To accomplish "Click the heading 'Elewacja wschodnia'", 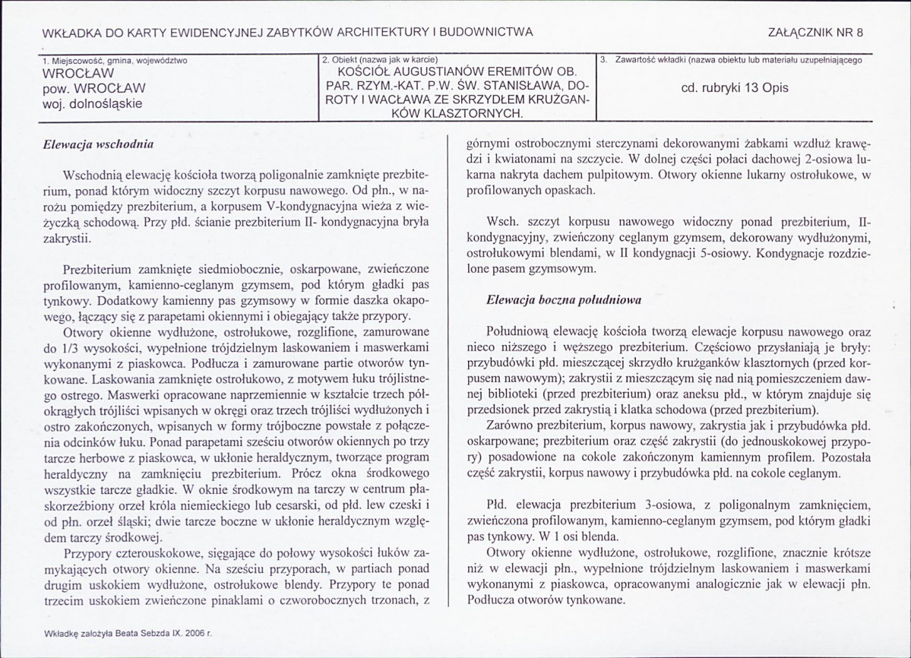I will click(96, 143).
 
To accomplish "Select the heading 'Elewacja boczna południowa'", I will click(564, 299).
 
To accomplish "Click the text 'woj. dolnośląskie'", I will click(93, 103).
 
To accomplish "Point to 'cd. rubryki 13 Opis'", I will click(735, 87).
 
